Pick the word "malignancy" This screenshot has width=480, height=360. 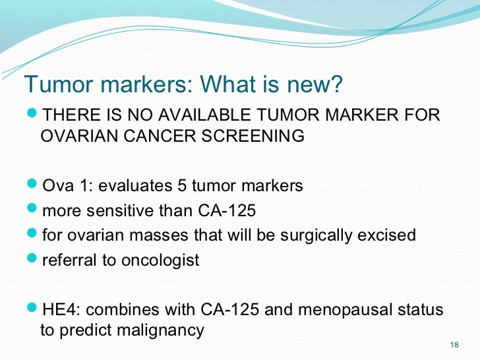tap(163, 330)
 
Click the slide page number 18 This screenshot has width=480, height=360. tap(453, 345)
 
